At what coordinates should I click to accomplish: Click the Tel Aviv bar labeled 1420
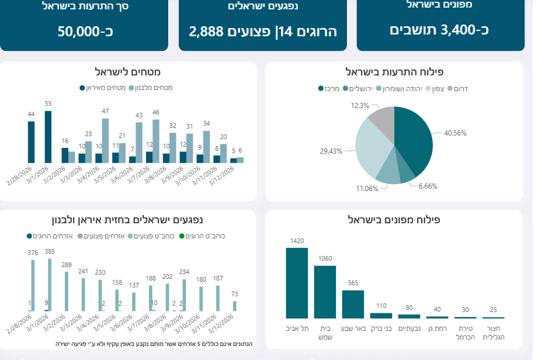(x=296, y=283)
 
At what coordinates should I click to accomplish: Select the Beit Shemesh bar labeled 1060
(x=325, y=292)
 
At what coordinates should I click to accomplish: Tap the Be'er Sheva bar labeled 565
(x=353, y=303)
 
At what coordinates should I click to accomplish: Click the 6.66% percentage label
(x=428, y=186)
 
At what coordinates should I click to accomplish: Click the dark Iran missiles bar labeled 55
(x=48, y=137)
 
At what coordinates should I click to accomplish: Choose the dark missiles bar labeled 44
(x=31, y=142)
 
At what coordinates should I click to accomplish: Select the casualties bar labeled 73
(x=235, y=306)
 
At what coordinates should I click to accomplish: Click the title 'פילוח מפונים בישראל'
(x=394, y=220)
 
